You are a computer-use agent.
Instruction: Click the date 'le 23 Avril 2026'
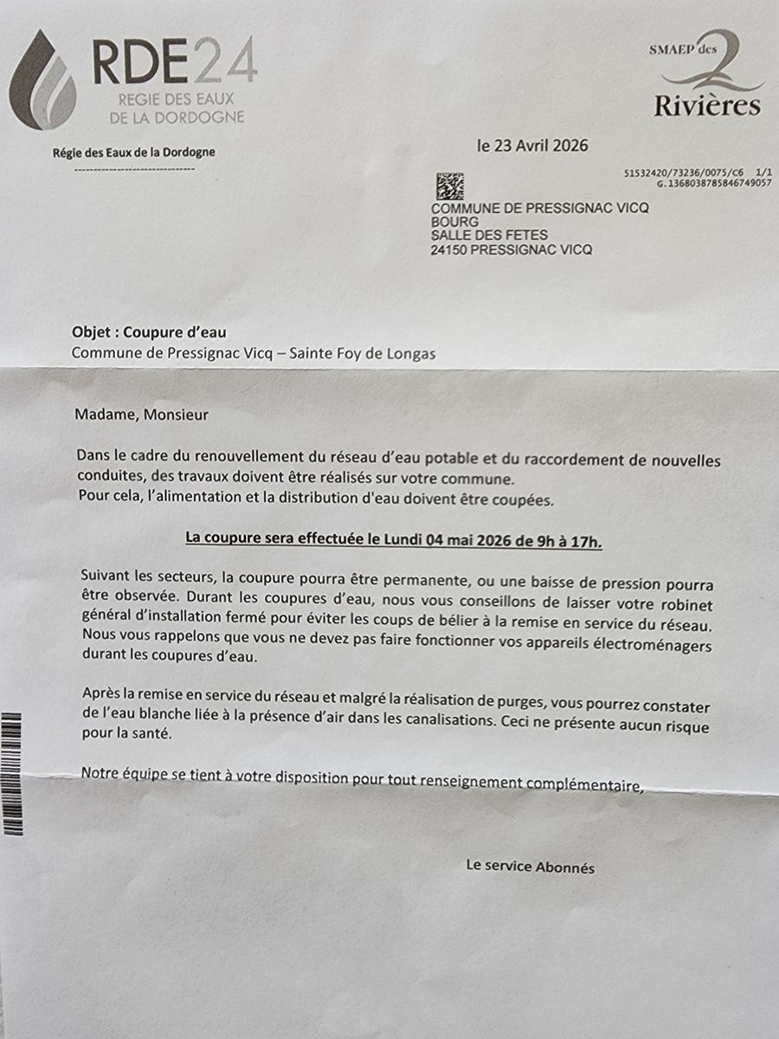click(x=532, y=145)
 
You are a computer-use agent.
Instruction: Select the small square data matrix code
click(x=449, y=186)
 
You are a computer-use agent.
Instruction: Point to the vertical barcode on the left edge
click(x=12, y=772)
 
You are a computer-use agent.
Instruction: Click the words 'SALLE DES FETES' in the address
click(x=489, y=236)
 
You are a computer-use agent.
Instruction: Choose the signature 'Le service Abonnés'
click(x=530, y=867)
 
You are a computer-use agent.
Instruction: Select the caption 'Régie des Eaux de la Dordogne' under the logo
click(x=134, y=152)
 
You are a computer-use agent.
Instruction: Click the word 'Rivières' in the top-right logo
click(x=707, y=106)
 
